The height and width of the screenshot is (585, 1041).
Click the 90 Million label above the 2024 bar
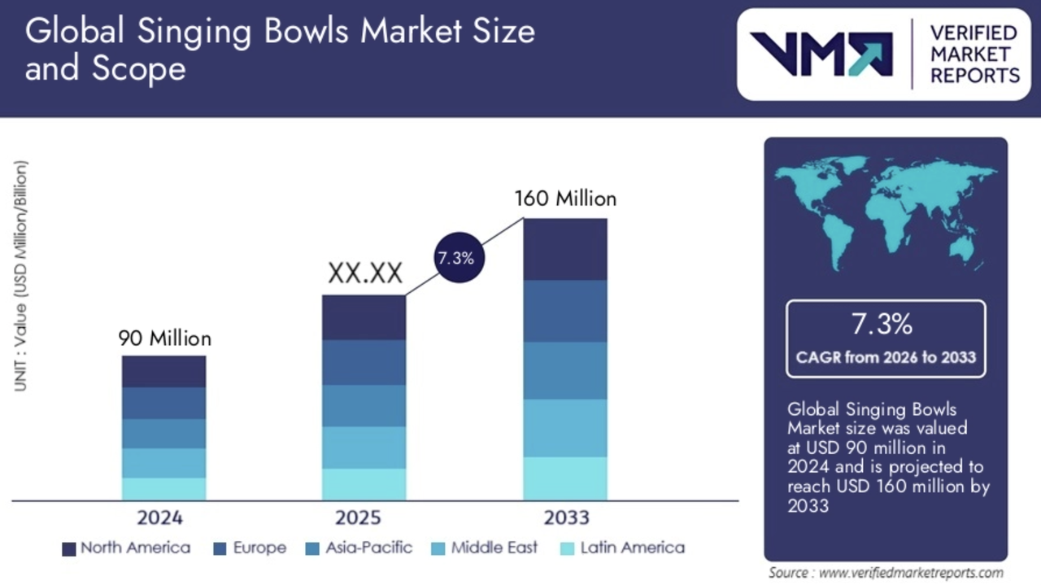164,338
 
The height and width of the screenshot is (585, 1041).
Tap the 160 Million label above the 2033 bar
565,199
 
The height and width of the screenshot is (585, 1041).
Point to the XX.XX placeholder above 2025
365,273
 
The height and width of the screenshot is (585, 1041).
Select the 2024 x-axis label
159,517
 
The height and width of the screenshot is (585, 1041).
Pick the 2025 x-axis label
358,517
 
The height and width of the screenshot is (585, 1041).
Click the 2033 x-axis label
564,517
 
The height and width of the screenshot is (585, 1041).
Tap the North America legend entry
127,548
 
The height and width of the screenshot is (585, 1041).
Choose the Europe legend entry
250,548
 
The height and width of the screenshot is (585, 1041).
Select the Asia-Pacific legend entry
359,548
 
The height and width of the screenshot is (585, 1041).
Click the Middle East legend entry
485,548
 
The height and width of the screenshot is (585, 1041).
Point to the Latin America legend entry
623,548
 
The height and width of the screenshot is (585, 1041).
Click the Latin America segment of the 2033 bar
564,478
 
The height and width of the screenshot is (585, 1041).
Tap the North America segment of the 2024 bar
163,371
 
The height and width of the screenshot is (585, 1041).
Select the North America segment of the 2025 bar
364,317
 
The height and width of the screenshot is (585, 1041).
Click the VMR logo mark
821,55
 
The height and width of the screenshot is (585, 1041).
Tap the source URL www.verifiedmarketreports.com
910,573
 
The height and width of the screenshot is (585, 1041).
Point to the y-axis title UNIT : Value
21,277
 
